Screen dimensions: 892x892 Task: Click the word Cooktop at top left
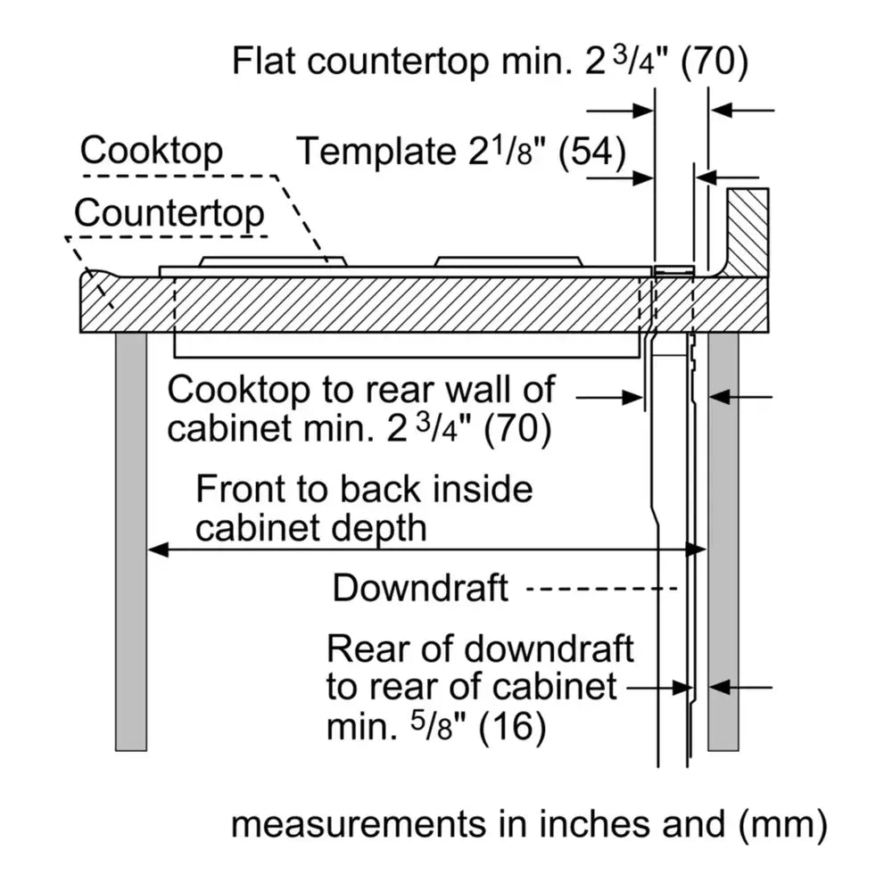(x=151, y=151)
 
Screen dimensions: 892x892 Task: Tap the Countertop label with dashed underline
(x=169, y=214)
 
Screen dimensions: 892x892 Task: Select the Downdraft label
(x=420, y=588)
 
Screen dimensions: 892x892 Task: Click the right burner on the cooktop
(x=508, y=261)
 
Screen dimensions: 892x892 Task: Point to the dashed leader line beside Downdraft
(x=602, y=589)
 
